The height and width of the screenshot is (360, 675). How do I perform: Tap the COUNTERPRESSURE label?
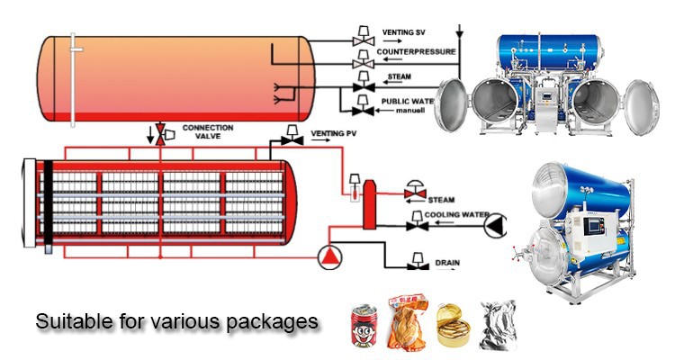(x=416, y=52)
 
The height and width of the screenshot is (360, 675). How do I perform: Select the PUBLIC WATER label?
(x=408, y=101)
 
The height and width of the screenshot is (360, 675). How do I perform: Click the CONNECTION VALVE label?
(x=208, y=132)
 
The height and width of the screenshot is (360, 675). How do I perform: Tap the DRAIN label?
(x=447, y=263)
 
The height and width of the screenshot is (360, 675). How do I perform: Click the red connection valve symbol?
(x=160, y=134)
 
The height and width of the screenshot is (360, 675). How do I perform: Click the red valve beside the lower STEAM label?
(x=415, y=192)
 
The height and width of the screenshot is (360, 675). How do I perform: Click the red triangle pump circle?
(x=331, y=258)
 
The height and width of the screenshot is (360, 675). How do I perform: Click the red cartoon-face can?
(x=365, y=325)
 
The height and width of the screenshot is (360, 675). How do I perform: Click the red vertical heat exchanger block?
(x=368, y=214)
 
